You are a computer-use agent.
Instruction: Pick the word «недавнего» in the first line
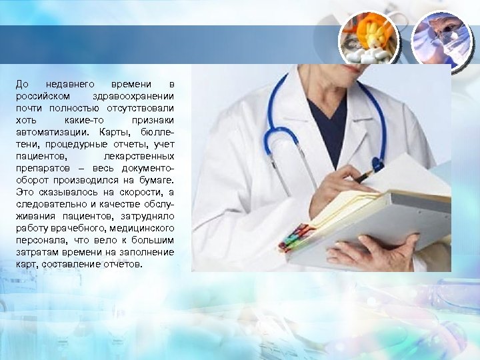72,85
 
